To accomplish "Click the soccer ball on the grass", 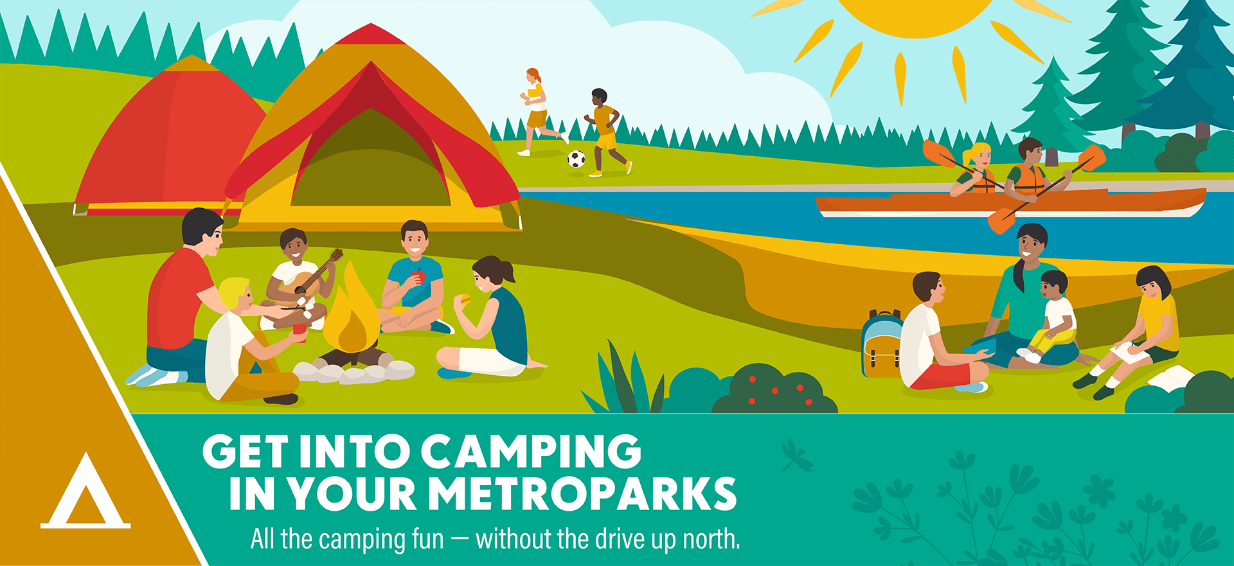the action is point(577,159).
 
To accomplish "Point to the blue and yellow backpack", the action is point(881,344).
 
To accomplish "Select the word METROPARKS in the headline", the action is point(582,494).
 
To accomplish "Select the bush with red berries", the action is point(774,389).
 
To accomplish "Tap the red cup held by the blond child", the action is point(299,332).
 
